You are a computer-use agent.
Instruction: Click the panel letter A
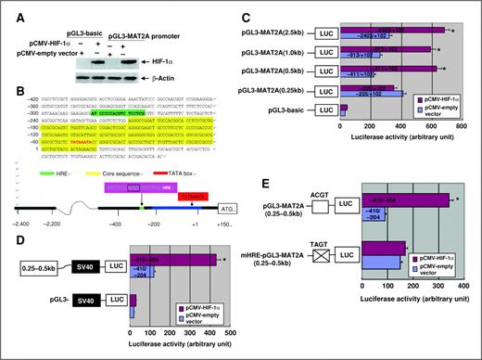[6, 6]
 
